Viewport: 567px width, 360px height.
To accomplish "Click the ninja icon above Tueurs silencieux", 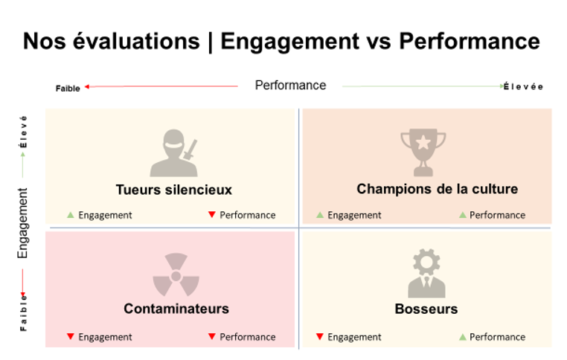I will coord(175,154).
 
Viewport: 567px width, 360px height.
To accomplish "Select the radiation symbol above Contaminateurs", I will coord(176,274).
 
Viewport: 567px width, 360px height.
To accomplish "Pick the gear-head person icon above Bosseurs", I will coord(426,274).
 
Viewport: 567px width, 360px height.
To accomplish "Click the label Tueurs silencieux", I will coord(174,190).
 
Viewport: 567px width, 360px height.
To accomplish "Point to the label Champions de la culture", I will coord(437,189).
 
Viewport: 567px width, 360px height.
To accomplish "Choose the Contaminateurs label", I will coord(176,309).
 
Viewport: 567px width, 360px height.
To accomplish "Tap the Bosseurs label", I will coord(426,309).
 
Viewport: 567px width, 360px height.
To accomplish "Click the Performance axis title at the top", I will coord(290,85).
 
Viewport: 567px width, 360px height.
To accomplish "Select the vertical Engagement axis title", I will coord(23,223).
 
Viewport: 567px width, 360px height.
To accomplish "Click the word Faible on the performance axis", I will coord(68,89).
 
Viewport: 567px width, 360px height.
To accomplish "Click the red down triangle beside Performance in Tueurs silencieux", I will coord(212,216).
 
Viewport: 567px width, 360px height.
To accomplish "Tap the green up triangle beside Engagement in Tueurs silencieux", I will coord(71,215).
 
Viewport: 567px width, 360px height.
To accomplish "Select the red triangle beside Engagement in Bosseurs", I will coord(320,337).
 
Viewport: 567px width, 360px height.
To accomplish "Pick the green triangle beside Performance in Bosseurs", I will coord(462,337).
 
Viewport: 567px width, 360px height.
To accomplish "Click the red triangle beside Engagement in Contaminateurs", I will coord(71,337).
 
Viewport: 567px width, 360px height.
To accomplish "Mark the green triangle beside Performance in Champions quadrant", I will coord(462,215).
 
